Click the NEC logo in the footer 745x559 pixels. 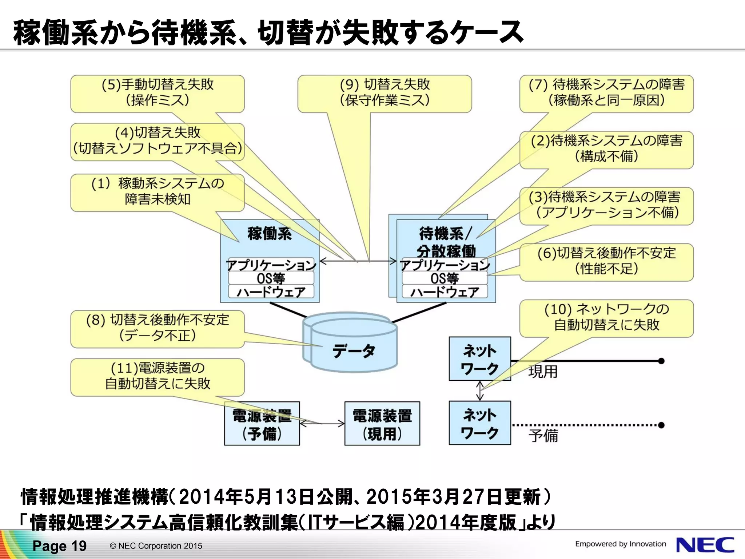tap(705, 545)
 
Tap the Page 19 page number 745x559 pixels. tap(59, 546)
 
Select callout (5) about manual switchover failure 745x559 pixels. tap(157, 93)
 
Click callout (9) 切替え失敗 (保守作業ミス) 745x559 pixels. tap(385, 93)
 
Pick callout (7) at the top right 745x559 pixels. tap(606, 93)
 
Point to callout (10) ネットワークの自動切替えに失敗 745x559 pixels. tap(606, 317)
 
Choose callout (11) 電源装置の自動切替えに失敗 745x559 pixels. tap(157, 376)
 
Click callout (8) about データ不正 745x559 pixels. tap(157, 328)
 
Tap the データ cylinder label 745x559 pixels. tap(353, 351)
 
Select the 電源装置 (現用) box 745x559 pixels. tap(382, 424)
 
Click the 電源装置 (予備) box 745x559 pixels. tap(262, 424)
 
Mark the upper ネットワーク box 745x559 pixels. tap(479, 359)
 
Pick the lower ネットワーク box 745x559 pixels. tap(479, 423)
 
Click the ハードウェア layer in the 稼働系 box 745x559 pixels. tap(271, 292)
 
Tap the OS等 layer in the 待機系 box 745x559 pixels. tap(445, 278)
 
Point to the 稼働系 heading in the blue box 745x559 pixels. tap(270, 234)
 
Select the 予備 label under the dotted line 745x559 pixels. tap(543, 436)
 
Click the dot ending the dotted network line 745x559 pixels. tap(661, 425)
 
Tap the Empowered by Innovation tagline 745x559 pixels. tap(620, 544)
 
